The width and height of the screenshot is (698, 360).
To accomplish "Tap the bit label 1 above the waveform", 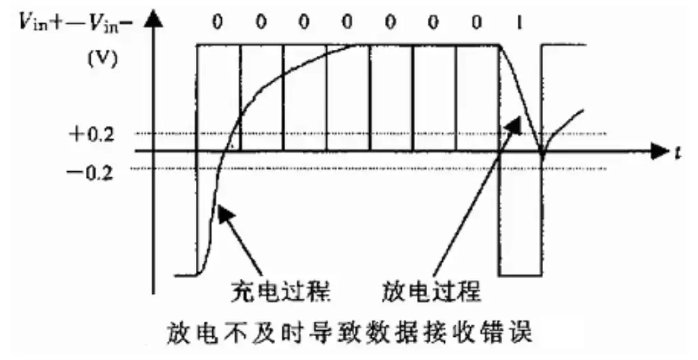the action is point(519,22).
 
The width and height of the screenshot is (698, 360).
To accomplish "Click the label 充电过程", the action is point(281,293).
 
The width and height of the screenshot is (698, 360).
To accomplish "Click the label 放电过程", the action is point(431,293).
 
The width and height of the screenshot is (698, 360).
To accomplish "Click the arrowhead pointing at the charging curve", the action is point(224,213).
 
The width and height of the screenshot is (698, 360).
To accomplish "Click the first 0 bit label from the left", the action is point(217,22).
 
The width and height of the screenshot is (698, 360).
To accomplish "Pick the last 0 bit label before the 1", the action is point(477,22).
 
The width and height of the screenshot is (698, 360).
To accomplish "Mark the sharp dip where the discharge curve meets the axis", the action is point(542,157).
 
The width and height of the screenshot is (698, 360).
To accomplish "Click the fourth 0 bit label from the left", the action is point(347,22).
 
